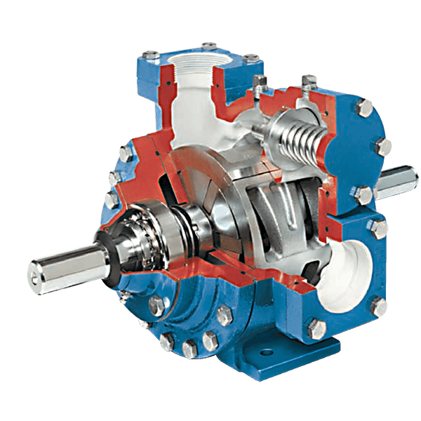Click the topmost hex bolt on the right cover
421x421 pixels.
coord(365,107)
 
